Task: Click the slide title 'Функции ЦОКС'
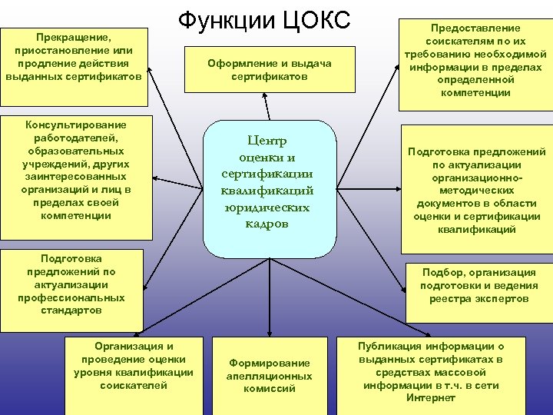tap(264, 21)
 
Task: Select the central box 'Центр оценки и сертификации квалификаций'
tap(269, 188)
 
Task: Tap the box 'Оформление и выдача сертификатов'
tap(269, 71)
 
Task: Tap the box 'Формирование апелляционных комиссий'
tap(269, 375)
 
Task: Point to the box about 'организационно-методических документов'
tap(476, 190)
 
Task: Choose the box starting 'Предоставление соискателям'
tap(475, 60)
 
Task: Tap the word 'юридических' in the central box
tap(269, 207)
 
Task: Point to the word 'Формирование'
tap(269, 363)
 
